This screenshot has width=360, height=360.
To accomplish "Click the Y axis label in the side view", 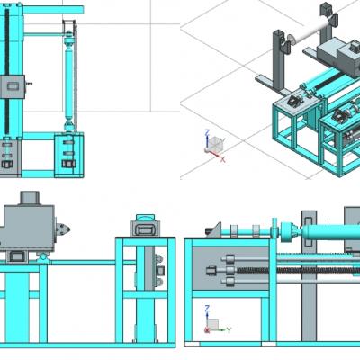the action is tap(229, 330).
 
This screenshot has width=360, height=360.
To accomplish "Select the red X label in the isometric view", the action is tap(223, 159).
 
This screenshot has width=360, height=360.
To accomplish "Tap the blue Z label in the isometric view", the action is tap(207, 132).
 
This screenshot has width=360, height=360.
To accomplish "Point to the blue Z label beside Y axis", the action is tap(207, 308).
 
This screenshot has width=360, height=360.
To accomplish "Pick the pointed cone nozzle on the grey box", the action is tap(64, 229).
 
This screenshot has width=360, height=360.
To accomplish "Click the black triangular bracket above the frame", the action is tap(215, 230).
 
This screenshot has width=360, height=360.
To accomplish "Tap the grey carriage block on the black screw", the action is tap(13, 86).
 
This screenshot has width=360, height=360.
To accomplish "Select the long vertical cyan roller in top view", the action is tap(69, 82).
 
